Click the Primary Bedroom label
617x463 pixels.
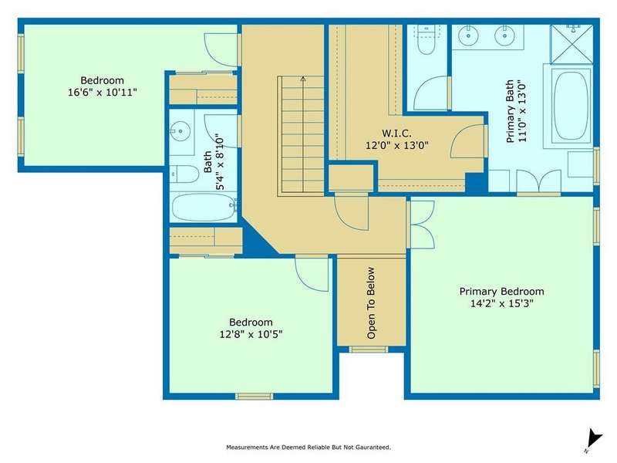(502, 292)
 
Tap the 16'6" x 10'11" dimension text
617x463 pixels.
(103, 93)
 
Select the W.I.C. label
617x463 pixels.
(396, 133)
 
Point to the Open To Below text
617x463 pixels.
(371, 302)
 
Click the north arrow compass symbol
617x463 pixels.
(593, 440)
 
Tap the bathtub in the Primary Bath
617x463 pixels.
(571, 106)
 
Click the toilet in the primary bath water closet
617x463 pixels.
(427, 40)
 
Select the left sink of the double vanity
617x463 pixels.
(468, 35)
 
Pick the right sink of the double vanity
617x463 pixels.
(504, 35)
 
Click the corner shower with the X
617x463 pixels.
(571, 44)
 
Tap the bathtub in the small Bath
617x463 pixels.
(204, 207)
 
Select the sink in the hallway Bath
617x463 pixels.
(180, 130)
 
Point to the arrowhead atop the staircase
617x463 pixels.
(303, 79)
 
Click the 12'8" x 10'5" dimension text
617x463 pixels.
(251, 335)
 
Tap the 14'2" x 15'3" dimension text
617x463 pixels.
(502, 303)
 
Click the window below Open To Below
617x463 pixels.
(369, 350)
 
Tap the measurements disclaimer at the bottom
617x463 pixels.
(308, 448)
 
